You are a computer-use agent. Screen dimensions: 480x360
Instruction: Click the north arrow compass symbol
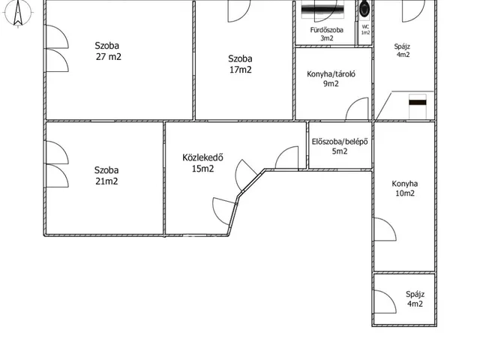click(x=18, y=13)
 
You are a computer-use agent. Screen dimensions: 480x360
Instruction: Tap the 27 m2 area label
click(x=108, y=57)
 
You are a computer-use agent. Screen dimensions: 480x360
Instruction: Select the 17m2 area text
click(x=241, y=70)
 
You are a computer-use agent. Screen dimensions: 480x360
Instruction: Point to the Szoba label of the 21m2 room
click(x=106, y=170)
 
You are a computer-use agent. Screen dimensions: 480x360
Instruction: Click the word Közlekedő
click(x=202, y=157)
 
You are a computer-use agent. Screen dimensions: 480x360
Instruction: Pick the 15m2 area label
click(x=202, y=169)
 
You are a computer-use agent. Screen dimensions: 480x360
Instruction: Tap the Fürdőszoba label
click(x=327, y=30)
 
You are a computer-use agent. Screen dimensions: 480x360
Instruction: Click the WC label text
click(x=365, y=27)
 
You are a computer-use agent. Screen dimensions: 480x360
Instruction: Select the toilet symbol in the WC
click(x=365, y=9)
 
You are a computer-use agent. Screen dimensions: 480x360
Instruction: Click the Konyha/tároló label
click(x=331, y=74)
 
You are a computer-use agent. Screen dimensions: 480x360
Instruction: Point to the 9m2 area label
click(x=331, y=83)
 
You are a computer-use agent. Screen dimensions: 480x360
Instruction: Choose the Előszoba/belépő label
click(x=340, y=142)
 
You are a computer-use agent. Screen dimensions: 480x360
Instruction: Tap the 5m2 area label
click(x=340, y=151)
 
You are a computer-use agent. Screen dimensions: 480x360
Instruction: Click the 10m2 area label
click(x=405, y=193)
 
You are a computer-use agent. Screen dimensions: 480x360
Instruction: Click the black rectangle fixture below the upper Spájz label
click(x=418, y=102)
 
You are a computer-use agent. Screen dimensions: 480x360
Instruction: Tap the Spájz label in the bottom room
click(x=415, y=294)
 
